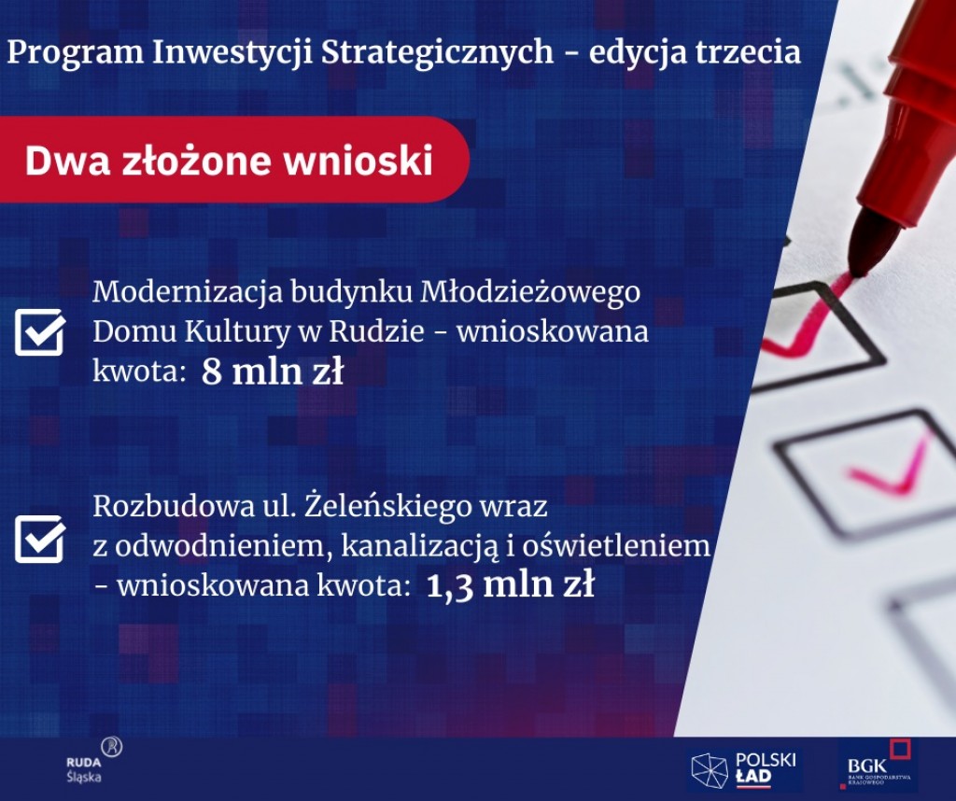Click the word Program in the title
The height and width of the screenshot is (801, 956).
(75, 53)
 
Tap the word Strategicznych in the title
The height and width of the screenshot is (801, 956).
(437, 53)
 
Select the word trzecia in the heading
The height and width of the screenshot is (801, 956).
(747, 52)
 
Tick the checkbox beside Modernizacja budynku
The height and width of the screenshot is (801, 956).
(40, 331)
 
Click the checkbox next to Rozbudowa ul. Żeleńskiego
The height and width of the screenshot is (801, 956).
(40, 539)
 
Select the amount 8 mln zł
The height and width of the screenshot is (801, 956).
(273, 372)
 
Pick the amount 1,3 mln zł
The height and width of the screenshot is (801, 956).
(511, 585)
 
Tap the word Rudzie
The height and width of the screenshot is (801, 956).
(376, 331)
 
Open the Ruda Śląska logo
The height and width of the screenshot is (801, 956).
(93, 760)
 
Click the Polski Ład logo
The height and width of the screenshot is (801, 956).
(744, 770)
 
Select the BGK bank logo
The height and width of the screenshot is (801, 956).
(878, 765)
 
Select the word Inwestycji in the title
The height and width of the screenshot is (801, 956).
(232, 53)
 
